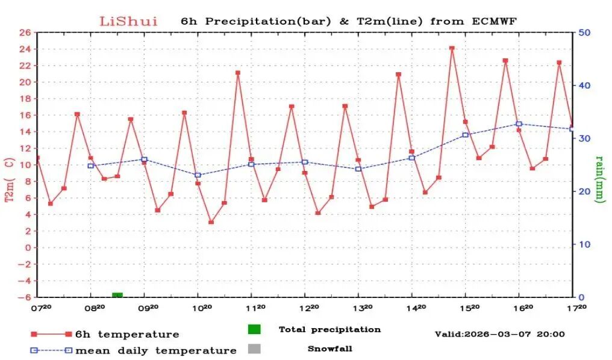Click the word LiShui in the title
128,22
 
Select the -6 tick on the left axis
26,297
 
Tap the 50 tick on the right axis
584,33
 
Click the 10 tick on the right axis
584,244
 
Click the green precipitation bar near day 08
117,295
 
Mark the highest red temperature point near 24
452,48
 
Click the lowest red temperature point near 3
211,222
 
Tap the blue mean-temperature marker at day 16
519,124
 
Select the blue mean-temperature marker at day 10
198,175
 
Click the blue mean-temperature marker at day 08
90,166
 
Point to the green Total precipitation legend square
254,329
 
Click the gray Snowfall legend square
254,349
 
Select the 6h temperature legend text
126,334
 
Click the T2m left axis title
10,179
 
